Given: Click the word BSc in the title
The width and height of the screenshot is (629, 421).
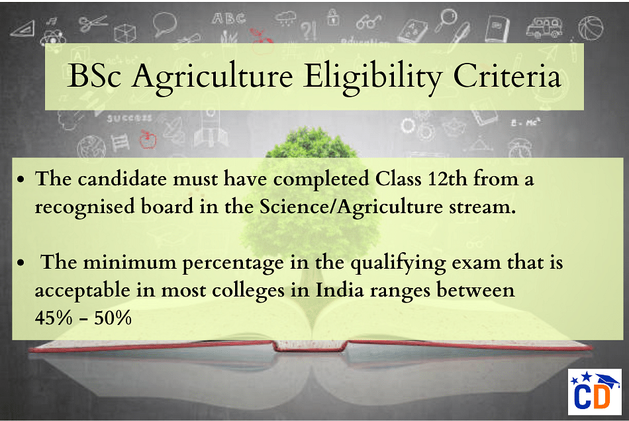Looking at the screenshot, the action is pos(94,75).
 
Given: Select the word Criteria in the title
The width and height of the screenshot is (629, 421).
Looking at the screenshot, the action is pos(507,75).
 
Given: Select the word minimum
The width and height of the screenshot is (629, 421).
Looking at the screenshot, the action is pos(130,263).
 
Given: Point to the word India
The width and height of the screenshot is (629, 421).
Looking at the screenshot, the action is pos(340,290).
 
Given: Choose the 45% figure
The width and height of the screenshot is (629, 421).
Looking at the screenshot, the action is pos(54,318).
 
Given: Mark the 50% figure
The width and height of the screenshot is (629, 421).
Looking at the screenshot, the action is pos(113,318).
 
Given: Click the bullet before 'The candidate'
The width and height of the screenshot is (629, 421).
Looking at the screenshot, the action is pos(21,179).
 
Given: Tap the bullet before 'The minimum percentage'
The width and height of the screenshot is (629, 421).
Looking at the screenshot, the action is pos(21,263).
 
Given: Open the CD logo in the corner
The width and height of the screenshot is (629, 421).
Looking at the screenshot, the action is pos(595,392).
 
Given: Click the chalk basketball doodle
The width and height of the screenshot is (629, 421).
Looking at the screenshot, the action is pos(591,28).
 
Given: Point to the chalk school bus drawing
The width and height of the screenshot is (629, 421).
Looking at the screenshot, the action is pos(544,27).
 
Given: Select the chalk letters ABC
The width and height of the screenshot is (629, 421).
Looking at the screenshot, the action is pos(228,19).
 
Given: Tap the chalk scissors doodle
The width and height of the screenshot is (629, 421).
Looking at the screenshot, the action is pos(92,24).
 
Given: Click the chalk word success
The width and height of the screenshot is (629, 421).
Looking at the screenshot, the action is pos(130,118).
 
